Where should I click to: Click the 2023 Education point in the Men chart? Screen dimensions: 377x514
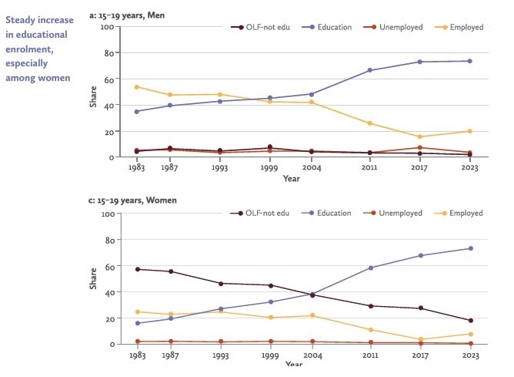[470, 61]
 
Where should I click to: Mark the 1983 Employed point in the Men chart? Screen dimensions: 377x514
[137, 86]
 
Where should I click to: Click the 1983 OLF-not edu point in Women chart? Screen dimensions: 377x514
[137, 269]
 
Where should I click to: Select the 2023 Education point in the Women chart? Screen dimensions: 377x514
[470, 248]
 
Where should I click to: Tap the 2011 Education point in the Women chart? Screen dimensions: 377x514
[371, 268]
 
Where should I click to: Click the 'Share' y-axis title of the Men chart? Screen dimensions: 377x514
[93, 93]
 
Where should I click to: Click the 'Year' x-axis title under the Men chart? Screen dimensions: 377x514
[291, 179]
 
